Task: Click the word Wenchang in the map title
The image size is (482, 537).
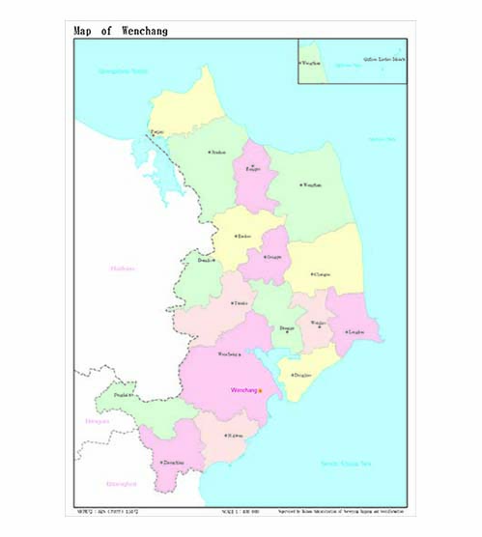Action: click(x=145, y=30)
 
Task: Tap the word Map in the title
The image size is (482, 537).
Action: click(x=84, y=30)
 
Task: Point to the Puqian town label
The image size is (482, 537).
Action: click(x=156, y=131)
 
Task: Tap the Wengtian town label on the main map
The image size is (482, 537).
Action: click(x=311, y=184)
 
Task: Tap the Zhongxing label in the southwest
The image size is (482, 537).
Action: click(x=173, y=464)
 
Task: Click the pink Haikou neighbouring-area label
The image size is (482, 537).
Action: click(x=123, y=268)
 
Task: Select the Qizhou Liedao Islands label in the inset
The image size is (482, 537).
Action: click(x=383, y=60)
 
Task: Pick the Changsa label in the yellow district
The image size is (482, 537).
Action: click(x=322, y=274)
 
